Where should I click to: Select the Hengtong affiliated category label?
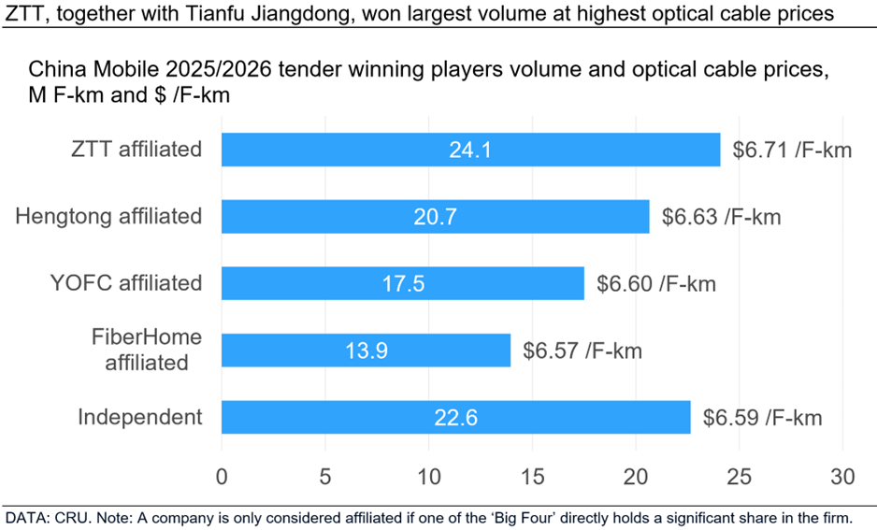click(x=108, y=217)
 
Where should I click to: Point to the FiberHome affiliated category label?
click(x=147, y=350)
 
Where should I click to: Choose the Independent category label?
click(x=140, y=417)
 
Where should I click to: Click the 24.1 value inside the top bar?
click(x=470, y=150)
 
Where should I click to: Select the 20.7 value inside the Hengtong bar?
click(x=435, y=217)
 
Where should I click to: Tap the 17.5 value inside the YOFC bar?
click(x=402, y=283)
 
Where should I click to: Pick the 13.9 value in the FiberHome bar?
click(x=365, y=350)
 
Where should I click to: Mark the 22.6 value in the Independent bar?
click(x=455, y=417)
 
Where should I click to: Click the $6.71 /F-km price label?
click(x=791, y=150)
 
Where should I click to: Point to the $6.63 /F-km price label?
click(x=721, y=217)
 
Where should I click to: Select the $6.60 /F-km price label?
click(x=655, y=283)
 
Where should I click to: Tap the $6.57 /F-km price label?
click(x=582, y=350)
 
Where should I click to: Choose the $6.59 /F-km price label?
click(x=762, y=417)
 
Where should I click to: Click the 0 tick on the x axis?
click(x=222, y=477)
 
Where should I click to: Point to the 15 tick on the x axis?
click(x=532, y=477)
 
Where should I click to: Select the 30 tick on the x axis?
click(x=842, y=477)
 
